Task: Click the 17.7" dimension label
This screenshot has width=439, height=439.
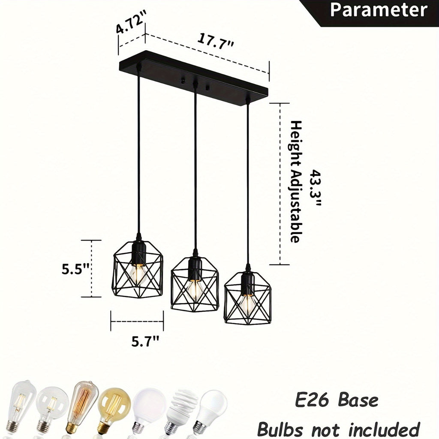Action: click(215, 41)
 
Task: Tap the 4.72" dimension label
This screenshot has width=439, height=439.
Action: click(131, 21)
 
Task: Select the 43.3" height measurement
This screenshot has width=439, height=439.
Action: click(316, 188)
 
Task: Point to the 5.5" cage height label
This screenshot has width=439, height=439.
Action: click(75, 269)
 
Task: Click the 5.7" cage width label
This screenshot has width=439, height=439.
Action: click(145, 341)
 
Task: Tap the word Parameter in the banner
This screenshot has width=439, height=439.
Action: click(379, 10)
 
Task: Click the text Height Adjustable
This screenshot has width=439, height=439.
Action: click(296, 182)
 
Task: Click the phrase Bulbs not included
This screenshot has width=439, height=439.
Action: click(338, 429)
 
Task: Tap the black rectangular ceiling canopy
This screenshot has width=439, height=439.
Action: click(193, 78)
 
